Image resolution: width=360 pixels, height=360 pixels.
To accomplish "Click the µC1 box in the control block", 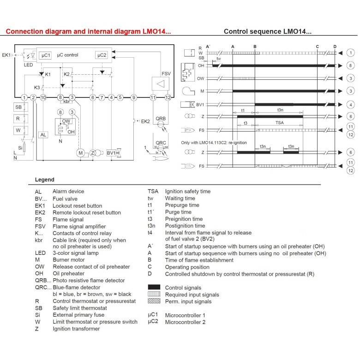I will click(x=45, y=55).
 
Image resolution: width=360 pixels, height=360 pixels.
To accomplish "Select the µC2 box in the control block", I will click(x=102, y=55).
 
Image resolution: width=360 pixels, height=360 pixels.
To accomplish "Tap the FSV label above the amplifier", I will click(x=166, y=74).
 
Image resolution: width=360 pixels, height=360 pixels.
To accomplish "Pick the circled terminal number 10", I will click(x=43, y=97).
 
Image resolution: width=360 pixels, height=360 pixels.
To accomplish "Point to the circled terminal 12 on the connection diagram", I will click(x=168, y=97).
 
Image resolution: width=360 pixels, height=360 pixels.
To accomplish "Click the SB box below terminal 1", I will click(x=18, y=107).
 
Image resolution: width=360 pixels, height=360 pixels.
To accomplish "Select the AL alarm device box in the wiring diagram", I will click(x=43, y=135).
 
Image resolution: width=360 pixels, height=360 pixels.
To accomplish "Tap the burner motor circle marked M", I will click(x=81, y=153).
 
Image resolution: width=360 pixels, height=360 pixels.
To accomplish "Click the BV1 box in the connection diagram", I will click(x=111, y=153).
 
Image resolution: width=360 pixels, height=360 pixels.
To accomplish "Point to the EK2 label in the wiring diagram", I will click(x=145, y=121).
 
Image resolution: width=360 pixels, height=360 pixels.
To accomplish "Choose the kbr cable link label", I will click(x=67, y=102).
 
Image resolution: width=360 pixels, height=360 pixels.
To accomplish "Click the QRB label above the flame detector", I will click(x=161, y=118).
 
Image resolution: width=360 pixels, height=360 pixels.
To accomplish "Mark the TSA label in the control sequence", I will click(x=280, y=123).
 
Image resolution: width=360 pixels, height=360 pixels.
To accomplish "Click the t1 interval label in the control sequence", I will click(x=243, y=111).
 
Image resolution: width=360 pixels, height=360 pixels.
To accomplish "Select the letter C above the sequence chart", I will click(x=318, y=46).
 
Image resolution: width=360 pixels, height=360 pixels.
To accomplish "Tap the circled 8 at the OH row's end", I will click(x=351, y=66).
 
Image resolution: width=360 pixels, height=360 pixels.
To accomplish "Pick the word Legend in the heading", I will click(x=44, y=180).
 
